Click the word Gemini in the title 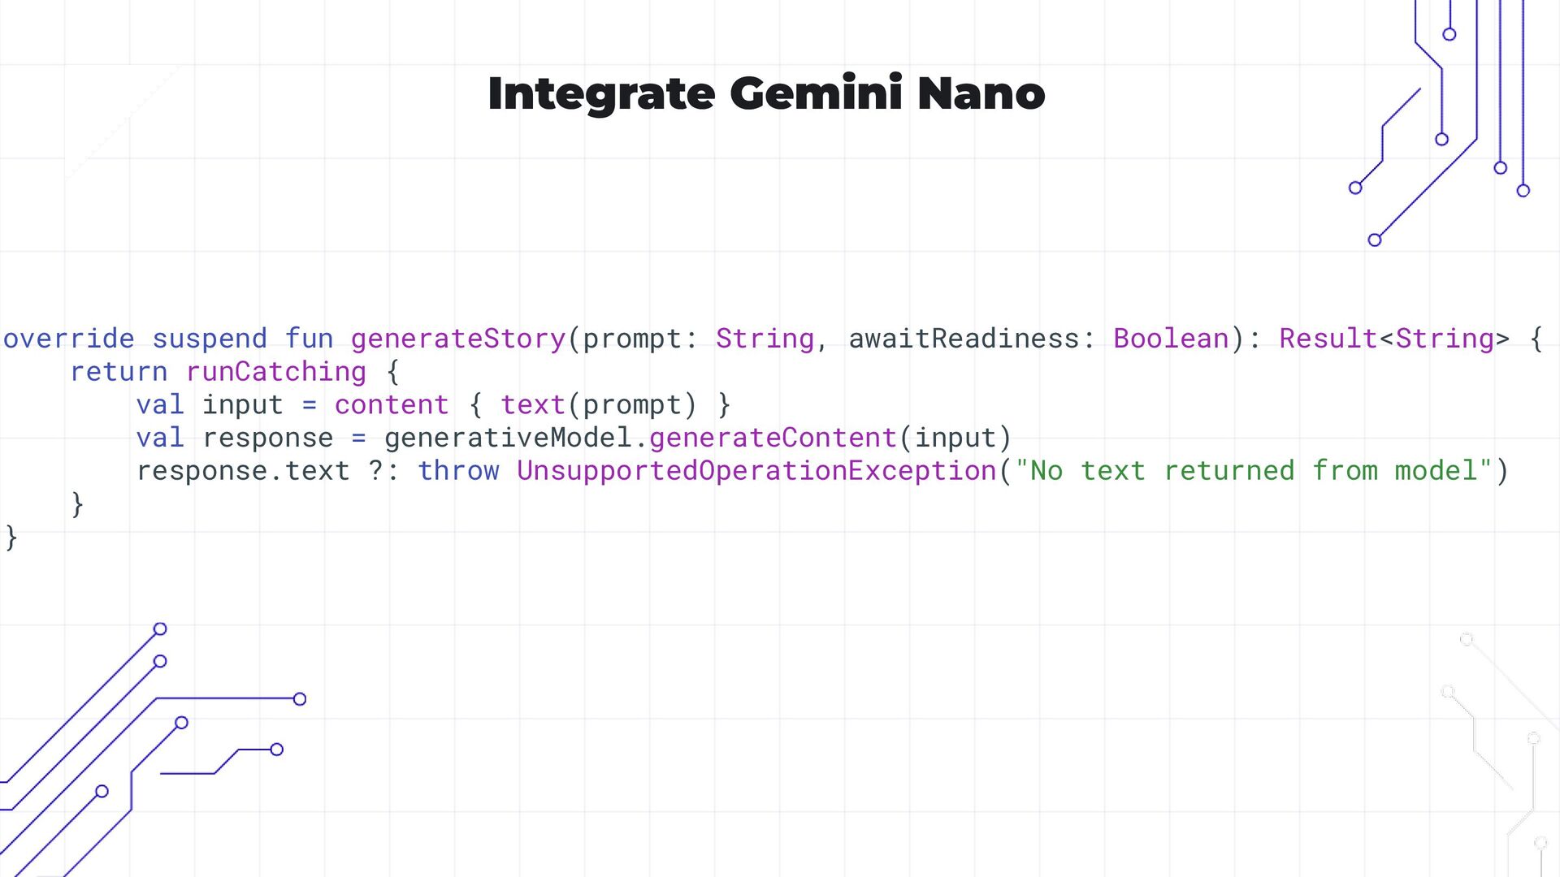[816, 93]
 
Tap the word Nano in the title [981, 93]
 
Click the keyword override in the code [69, 339]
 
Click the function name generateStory [458, 339]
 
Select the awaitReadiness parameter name [964, 339]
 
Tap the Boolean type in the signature [1171, 339]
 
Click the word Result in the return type [1328, 339]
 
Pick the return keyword [119, 372]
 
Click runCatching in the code [276, 372]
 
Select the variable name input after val [242, 405]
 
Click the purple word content [392, 405]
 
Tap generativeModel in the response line [508, 438]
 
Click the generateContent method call [773, 438]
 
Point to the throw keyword [458, 471]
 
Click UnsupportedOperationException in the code [756, 471]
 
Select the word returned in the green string [1228, 471]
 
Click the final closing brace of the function [11, 538]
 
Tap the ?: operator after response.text [383, 471]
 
